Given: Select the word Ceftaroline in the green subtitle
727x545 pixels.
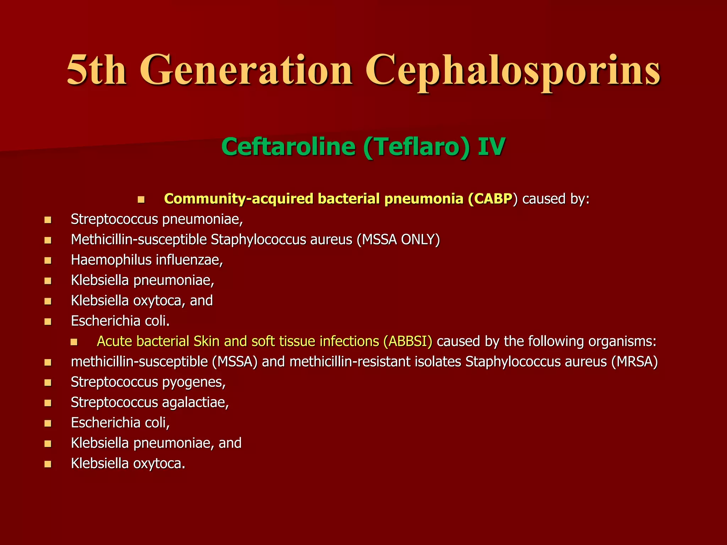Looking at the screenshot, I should [288, 147].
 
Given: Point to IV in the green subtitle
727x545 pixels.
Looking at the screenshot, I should [491, 147].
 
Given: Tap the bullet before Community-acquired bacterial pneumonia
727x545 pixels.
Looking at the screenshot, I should [141, 199].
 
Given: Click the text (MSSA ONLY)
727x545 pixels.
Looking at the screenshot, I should [399, 240].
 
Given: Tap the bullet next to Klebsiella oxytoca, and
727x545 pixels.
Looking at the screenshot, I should [48, 301].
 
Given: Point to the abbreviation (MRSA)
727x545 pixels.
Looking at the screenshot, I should [635, 362].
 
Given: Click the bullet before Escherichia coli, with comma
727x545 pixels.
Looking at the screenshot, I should [48, 423].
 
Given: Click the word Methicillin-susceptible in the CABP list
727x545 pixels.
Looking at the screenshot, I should [138, 240].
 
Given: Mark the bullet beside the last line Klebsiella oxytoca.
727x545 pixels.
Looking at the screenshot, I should [48, 464].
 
